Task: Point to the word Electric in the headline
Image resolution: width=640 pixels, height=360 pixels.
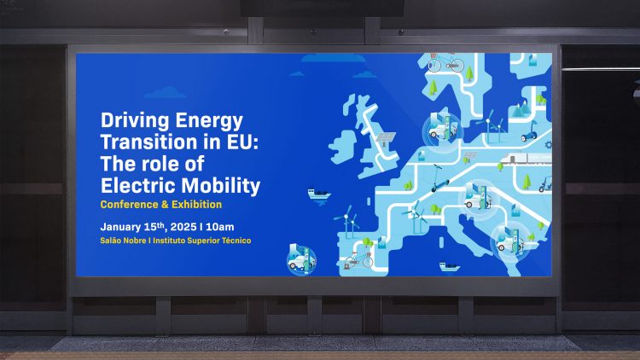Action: point(138,184)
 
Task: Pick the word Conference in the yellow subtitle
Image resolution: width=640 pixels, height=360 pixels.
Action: point(127,205)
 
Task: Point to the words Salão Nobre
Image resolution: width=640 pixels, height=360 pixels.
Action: point(124,241)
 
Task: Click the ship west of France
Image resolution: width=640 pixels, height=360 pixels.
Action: point(319,195)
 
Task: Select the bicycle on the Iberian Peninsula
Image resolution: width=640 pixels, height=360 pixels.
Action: point(366,260)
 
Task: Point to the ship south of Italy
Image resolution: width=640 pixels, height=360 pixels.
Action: point(450,264)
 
